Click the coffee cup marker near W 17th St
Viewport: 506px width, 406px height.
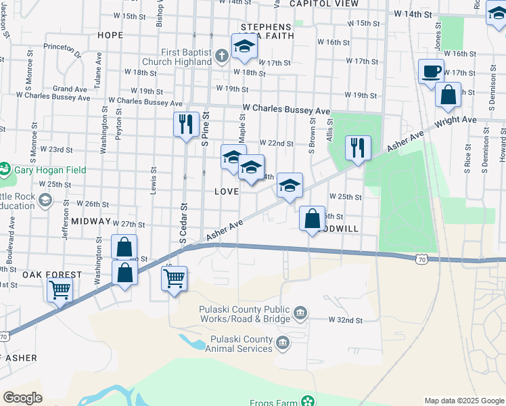(431, 72)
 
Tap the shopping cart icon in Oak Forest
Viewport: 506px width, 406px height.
(60, 290)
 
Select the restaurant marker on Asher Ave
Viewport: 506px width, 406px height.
(358, 147)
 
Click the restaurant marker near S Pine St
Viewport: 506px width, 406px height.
(186, 124)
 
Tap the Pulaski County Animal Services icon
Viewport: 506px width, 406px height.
(283, 345)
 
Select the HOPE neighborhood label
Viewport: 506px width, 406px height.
(110, 35)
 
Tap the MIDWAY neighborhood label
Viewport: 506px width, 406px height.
(91, 221)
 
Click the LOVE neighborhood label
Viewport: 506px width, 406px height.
(227, 191)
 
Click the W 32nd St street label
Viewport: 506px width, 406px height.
(346, 319)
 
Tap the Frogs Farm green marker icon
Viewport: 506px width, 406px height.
(308, 402)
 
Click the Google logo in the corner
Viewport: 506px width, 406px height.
(22, 398)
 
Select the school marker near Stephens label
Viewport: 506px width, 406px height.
(244, 46)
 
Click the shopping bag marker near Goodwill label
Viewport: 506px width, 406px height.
(312, 219)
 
